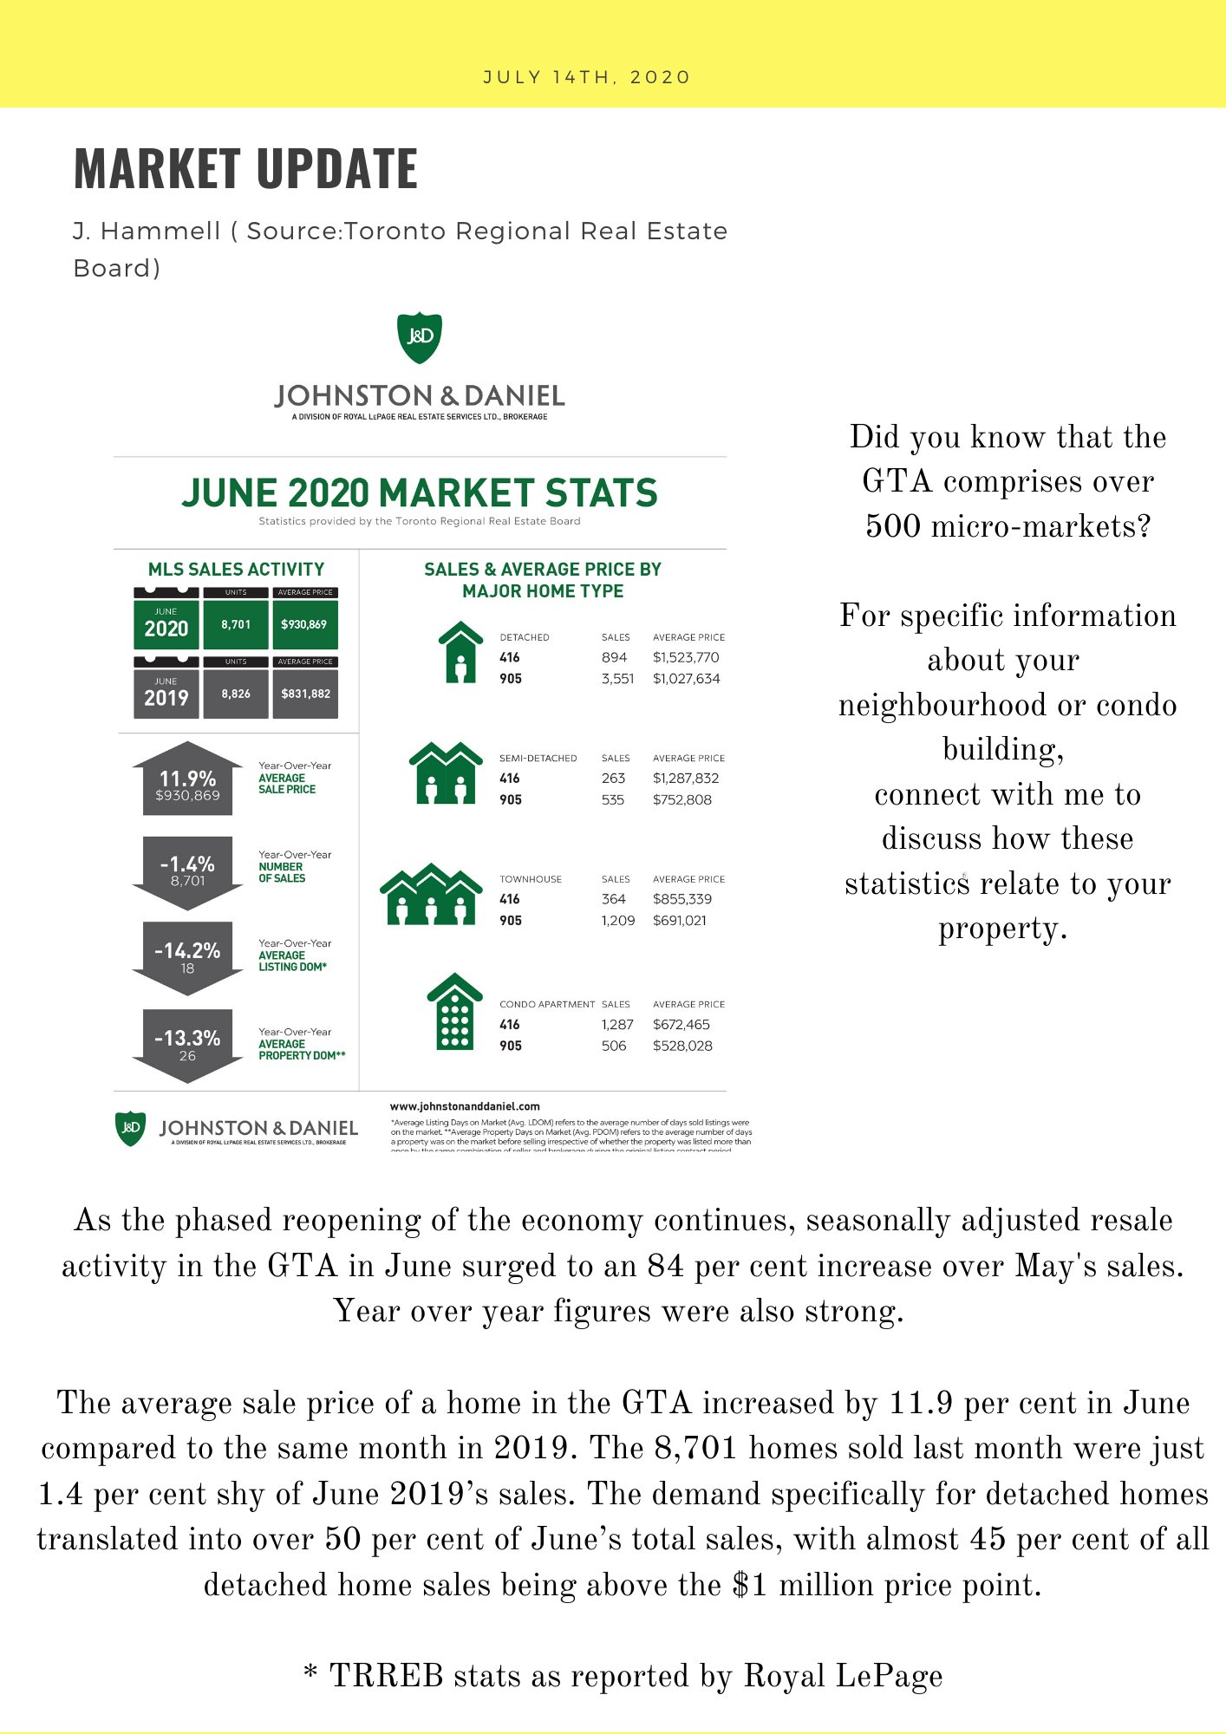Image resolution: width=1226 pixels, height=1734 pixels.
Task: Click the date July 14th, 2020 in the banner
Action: [586, 77]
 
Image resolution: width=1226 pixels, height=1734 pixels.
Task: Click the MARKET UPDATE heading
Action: [245, 168]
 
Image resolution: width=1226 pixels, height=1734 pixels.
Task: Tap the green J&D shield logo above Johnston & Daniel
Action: [420, 337]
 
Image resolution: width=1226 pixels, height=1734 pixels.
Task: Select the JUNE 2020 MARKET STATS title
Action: [420, 493]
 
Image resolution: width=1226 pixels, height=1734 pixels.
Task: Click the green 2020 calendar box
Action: [166, 623]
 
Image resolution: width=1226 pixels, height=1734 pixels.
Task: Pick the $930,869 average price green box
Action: [304, 623]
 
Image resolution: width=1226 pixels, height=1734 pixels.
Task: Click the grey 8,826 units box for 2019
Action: [236, 694]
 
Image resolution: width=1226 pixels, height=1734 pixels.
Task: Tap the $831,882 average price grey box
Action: [305, 694]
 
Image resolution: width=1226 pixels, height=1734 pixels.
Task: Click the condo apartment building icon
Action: [454, 1012]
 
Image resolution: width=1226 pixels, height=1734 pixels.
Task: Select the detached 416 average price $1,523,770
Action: [686, 657]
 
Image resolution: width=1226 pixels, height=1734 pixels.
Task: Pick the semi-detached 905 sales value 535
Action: [613, 799]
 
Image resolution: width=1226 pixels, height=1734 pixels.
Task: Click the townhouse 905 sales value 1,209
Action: [618, 920]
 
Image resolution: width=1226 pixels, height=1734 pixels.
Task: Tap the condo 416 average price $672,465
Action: [681, 1024]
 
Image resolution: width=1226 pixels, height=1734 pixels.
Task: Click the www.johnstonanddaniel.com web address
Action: [465, 1106]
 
